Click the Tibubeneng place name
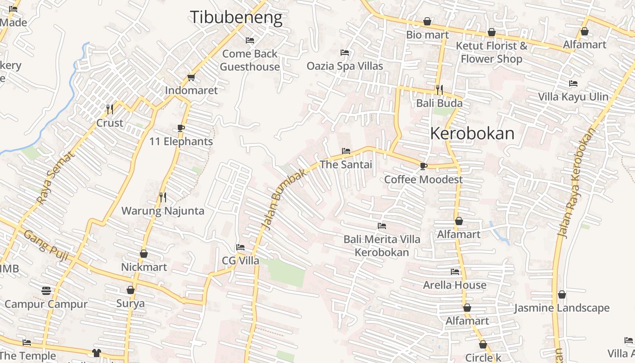(x=236, y=17)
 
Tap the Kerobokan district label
(x=472, y=133)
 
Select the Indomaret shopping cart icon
(x=191, y=78)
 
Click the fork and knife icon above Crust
(x=110, y=109)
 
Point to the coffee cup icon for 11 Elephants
(x=181, y=128)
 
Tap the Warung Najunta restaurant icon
(x=163, y=197)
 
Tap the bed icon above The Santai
(x=346, y=151)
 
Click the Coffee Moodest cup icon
(x=423, y=166)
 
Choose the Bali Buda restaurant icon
(x=439, y=90)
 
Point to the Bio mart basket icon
(x=427, y=21)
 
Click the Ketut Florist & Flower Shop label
(x=492, y=52)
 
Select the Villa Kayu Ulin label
(x=573, y=97)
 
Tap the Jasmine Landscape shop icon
(x=562, y=295)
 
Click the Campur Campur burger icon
(x=46, y=290)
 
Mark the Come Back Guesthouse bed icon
(x=249, y=40)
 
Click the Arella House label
(x=454, y=285)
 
